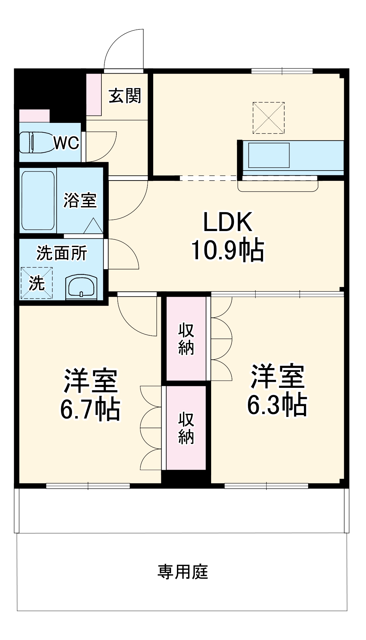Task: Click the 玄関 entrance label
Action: (125, 96)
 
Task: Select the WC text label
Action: (66, 143)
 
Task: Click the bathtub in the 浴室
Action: (38, 200)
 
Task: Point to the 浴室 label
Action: (80, 200)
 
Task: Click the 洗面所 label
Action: (61, 253)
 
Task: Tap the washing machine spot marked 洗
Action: (37, 283)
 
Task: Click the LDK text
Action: (228, 222)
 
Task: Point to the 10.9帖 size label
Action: (228, 250)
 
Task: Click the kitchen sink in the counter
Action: (269, 155)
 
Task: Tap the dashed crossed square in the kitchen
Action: (268, 118)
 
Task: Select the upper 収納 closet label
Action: (186, 339)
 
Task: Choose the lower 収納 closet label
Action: (186, 428)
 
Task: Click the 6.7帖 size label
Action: (90, 409)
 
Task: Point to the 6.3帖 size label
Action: (277, 404)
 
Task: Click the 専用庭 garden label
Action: (182, 572)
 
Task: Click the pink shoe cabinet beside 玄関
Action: (94, 95)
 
